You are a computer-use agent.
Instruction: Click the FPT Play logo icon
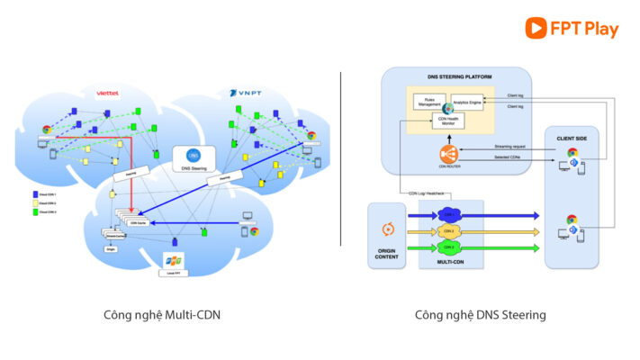(537, 28)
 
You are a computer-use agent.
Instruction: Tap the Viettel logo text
(108, 93)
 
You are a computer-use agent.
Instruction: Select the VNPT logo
(246, 93)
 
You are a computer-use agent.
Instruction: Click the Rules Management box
(428, 103)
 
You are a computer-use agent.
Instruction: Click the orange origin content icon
(389, 228)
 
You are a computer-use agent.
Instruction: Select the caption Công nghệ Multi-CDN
(162, 315)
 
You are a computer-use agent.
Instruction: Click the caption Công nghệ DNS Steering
(480, 315)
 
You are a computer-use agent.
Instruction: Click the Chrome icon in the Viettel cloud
(45, 130)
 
